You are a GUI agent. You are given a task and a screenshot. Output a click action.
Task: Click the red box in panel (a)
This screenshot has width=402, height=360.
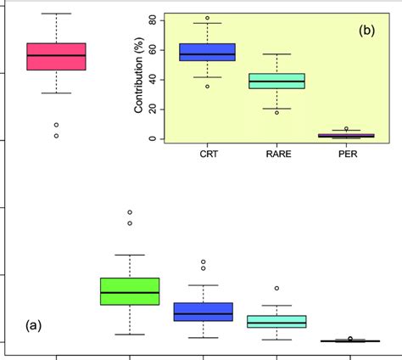pyautogui.click(x=56, y=56)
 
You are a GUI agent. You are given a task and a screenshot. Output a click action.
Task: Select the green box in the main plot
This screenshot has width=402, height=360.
pyautogui.click(x=130, y=291)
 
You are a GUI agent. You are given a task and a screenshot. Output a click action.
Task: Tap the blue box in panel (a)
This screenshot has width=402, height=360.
pyautogui.click(x=203, y=312)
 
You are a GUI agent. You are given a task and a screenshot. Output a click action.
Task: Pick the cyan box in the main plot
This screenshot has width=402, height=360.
pyautogui.click(x=276, y=322)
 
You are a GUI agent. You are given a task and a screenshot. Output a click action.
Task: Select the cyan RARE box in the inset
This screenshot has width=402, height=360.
pyautogui.click(x=276, y=81)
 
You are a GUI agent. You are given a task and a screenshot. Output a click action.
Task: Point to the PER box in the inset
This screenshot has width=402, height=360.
pyautogui.click(x=345, y=135)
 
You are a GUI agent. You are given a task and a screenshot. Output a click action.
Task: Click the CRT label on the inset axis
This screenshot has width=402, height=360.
pyautogui.click(x=207, y=155)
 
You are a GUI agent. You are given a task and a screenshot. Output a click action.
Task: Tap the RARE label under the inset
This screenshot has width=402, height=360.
pyautogui.click(x=276, y=155)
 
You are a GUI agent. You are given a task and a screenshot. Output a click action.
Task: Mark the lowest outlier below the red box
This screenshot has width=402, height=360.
pyautogui.click(x=56, y=135)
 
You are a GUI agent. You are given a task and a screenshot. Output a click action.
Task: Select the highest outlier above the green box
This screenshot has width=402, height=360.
pyautogui.click(x=130, y=212)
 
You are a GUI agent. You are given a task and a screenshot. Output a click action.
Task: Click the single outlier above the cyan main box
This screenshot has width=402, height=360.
pyautogui.click(x=276, y=289)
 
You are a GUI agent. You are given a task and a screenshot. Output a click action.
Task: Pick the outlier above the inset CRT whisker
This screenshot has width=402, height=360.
pyautogui.click(x=207, y=18)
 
